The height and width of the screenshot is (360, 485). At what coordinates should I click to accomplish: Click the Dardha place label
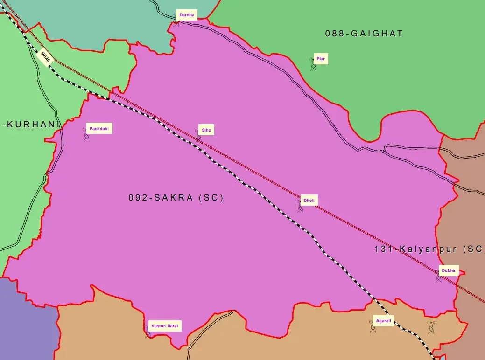tap(187, 15)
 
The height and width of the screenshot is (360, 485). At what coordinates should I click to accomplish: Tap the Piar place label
tap(321, 59)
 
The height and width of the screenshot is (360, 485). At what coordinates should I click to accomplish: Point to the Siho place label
tap(206, 130)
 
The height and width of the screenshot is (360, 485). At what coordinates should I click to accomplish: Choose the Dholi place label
tap(309, 201)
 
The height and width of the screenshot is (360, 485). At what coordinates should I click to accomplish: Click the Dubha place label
tap(448, 270)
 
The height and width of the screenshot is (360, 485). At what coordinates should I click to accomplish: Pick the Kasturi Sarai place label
tap(164, 325)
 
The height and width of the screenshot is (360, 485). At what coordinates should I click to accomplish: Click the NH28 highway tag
tap(45, 57)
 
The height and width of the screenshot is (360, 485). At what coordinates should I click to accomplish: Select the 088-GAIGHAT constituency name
tap(364, 34)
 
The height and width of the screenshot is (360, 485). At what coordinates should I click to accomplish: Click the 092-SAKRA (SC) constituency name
tap(176, 198)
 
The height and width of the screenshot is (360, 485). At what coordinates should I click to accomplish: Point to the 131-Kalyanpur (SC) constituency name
tap(429, 249)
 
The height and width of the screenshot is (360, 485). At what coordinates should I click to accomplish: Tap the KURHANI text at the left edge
tap(32, 125)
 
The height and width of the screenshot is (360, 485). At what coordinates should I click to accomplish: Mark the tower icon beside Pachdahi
tap(86, 135)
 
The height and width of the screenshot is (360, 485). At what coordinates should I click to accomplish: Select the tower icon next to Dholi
tap(300, 206)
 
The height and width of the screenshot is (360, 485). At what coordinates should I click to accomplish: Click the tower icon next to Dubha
tap(438, 277)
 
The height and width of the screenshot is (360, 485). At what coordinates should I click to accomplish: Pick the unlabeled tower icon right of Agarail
tap(431, 327)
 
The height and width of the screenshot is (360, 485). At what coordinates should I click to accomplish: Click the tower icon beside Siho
tap(198, 136)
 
